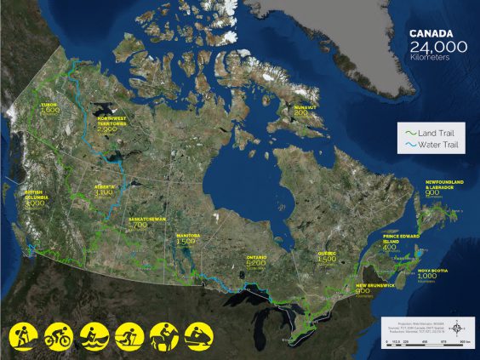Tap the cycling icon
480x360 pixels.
coord(57,334)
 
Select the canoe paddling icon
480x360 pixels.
coord(93,334)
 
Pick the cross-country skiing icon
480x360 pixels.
coord(128,334)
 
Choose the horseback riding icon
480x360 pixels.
coord(163,334)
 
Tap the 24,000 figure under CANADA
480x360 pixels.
coord(437,48)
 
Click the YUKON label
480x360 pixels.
coord(49,105)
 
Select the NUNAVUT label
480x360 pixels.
coord(305,108)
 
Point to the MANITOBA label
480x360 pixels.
coord(187,235)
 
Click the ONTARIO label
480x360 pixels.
coord(256,257)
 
